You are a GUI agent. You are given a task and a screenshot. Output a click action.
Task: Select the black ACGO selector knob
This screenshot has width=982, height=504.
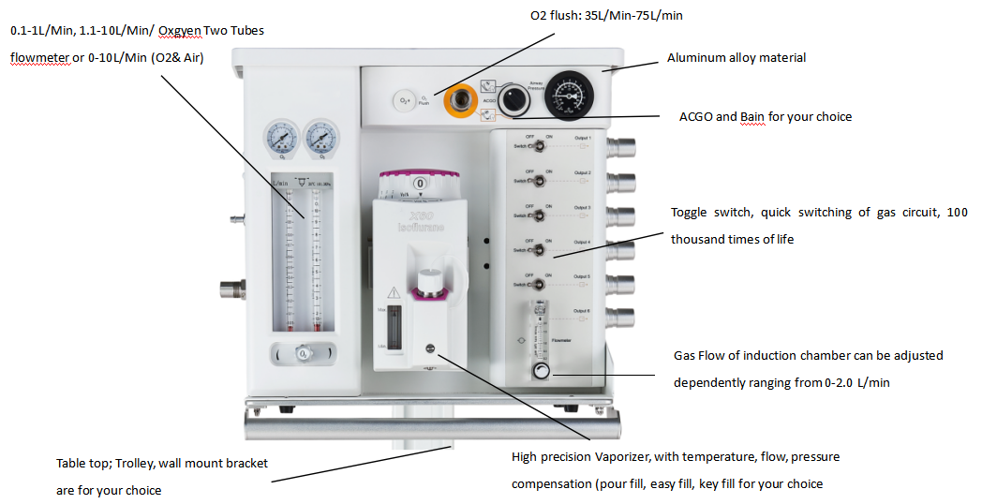coord(512,99)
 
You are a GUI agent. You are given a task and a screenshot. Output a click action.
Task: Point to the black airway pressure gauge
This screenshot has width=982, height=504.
coord(571,94)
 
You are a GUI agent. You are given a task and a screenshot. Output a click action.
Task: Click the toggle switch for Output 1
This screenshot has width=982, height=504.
coord(541,146)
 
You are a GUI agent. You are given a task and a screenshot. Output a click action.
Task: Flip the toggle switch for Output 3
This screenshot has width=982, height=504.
coord(541,215)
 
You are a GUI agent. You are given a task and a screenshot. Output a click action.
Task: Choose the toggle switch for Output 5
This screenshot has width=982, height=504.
coord(541,285)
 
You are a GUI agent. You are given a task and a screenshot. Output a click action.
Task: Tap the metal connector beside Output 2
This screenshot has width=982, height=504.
coord(622,181)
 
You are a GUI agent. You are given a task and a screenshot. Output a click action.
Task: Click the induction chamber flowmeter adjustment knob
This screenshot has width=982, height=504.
coord(542,372)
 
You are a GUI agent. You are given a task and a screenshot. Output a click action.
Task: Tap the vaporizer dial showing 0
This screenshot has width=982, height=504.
coord(420,184)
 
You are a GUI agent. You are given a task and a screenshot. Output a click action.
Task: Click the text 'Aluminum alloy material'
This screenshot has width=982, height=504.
coord(736,58)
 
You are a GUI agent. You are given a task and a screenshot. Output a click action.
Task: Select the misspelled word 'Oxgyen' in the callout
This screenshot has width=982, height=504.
coord(190,31)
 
